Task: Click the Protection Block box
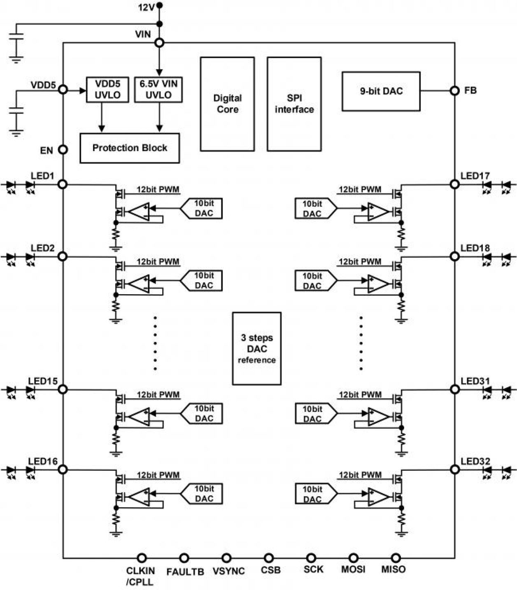point(129,148)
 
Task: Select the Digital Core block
point(227,104)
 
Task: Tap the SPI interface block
point(294,104)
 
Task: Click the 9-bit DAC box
point(381,91)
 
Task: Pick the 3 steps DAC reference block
point(257,348)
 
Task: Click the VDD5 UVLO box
point(107,89)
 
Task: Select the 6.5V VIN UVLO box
point(158,89)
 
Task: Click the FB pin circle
point(454,91)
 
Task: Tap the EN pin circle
point(63,150)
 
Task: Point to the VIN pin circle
point(159,43)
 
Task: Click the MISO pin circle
point(396,558)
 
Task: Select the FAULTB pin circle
point(184,558)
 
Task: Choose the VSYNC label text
point(228,571)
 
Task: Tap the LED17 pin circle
point(454,184)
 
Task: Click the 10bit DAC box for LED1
point(203,208)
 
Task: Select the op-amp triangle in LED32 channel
point(378,497)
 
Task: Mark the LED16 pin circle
point(63,469)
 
